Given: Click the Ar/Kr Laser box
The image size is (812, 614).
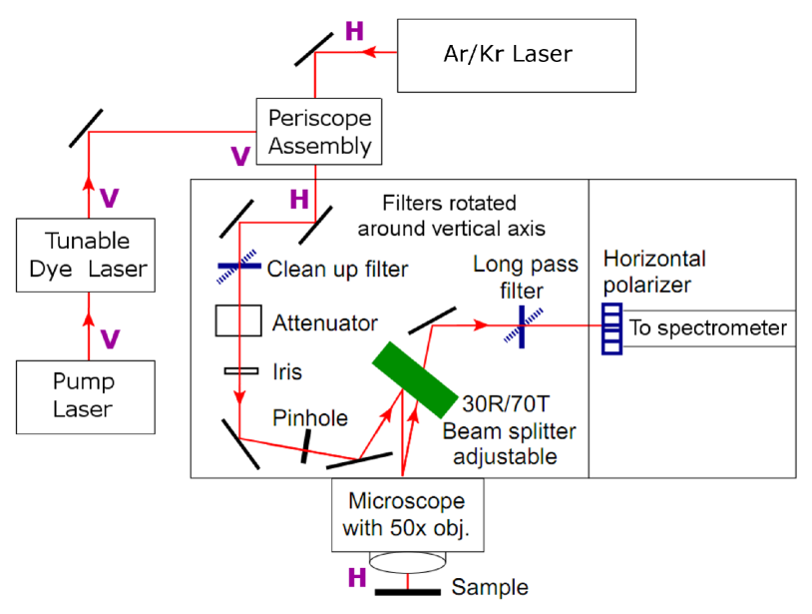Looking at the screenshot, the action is click(517, 56).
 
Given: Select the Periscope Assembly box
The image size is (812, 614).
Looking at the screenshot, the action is click(319, 132).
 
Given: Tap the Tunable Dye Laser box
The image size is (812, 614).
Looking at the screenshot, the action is click(86, 255).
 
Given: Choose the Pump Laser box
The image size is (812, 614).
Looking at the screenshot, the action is click(86, 397).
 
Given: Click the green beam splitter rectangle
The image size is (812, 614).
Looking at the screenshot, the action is click(415, 379).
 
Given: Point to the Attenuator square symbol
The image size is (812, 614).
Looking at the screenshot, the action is click(238, 321).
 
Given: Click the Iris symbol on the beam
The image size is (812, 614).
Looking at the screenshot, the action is click(241, 371).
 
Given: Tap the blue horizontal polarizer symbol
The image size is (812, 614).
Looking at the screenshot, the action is click(611, 329).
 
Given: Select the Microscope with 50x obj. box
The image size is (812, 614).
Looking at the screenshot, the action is click(408, 514).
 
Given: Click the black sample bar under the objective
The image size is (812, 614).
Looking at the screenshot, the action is click(408, 592).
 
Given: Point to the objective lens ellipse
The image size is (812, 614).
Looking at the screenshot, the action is click(408, 562).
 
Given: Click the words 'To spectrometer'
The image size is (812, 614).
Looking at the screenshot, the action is click(708, 328).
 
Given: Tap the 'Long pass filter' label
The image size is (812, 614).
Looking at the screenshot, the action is click(525, 278).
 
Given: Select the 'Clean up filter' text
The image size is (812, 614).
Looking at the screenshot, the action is click(337, 269).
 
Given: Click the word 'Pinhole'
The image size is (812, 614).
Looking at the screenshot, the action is click(310, 417).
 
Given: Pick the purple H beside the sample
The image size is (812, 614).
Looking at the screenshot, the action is click(357, 577).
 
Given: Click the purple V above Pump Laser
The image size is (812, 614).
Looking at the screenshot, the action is click(110, 339).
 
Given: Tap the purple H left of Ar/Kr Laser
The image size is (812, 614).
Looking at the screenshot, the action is click(355, 31).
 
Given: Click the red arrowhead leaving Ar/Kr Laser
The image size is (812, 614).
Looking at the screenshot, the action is click(368, 52).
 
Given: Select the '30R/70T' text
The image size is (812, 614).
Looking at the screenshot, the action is click(506, 403).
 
